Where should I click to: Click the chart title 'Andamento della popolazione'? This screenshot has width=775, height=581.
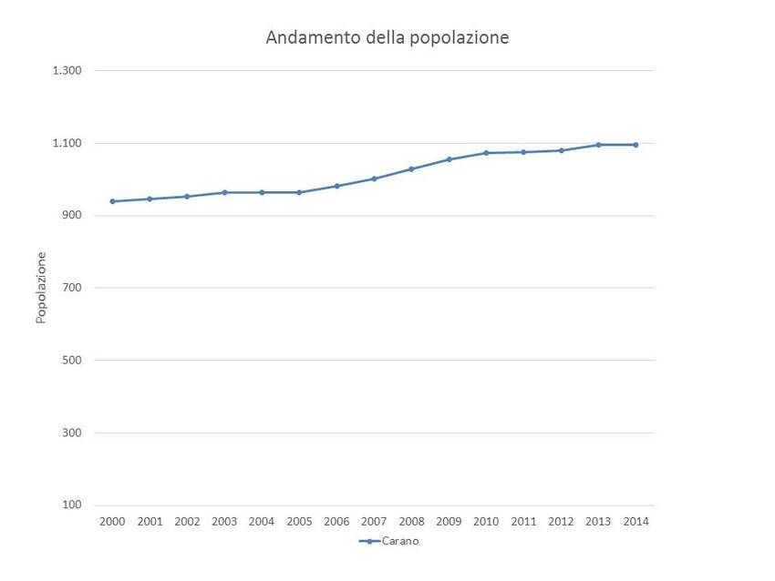click(x=387, y=37)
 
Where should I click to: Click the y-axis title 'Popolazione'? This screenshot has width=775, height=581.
click(x=41, y=288)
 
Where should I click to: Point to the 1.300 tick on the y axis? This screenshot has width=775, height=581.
click(x=68, y=71)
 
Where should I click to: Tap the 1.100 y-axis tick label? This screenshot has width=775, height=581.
click(x=68, y=143)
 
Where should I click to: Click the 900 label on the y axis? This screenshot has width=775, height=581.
click(x=72, y=216)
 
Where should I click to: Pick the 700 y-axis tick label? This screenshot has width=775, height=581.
click(x=72, y=288)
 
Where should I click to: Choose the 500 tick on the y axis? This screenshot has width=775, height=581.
click(x=72, y=361)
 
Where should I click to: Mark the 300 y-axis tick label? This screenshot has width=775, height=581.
click(x=72, y=433)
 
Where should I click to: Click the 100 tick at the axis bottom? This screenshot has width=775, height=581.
click(x=72, y=505)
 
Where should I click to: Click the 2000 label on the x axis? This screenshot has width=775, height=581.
click(x=112, y=522)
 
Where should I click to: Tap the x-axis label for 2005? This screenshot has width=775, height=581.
click(x=299, y=522)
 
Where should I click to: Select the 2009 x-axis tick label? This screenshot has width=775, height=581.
click(x=449, y=522)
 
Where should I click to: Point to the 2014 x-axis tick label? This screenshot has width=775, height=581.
click(x=635, y=522)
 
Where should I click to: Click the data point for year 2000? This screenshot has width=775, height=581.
click(x=112, y=201)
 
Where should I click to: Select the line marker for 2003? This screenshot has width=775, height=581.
click(x=224, y=192)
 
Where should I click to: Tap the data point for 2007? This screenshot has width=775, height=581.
click(x=374, y=178)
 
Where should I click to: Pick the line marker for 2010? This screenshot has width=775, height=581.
click(x=486, y=153)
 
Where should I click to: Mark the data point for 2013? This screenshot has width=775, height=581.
click(x=598, y=145)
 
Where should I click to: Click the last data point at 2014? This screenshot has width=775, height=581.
click(x=635, y=145)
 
